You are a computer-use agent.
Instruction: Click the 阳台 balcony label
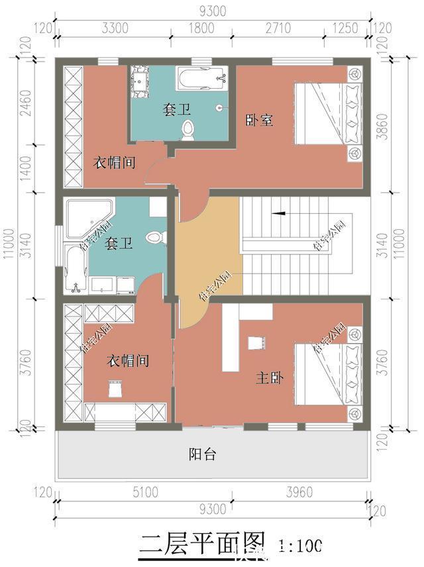[x=202, y=455]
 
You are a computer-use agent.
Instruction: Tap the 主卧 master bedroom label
[x=270, y=378]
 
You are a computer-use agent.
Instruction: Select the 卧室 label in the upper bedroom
[x=260, y=120]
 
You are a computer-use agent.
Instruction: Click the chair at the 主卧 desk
[x=254, y=342]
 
